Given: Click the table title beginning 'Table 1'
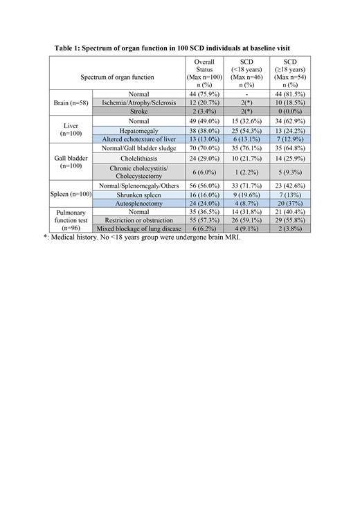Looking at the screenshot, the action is coord(179,48).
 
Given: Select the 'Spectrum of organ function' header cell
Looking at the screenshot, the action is coord(117,77).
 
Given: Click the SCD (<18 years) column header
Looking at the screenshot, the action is coord(246,73).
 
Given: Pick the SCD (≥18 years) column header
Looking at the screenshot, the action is coord(289,73).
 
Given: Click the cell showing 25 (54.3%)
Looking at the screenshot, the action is coord(246,130).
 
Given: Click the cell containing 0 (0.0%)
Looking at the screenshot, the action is coord(289,111).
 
